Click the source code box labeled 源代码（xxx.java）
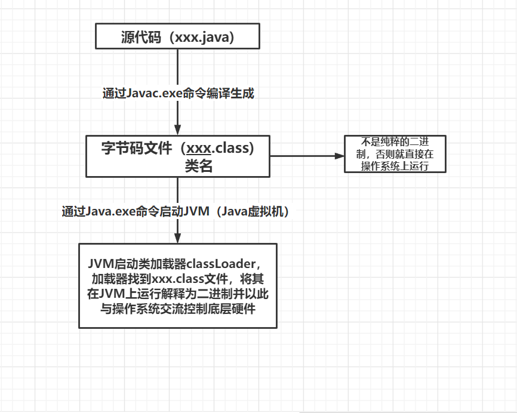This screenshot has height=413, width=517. pos(177,36)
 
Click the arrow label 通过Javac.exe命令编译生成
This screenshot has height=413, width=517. pos(179,93)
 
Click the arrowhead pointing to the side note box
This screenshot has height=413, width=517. pos(340,156)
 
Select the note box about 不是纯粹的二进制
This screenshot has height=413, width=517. pos(395,154)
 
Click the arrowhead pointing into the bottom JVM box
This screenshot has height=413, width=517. pos(177,238)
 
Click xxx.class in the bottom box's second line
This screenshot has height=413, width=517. pos(176,279)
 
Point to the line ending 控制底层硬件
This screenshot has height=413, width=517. pos(178,309)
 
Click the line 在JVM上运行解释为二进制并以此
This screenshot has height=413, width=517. pos(178,294)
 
